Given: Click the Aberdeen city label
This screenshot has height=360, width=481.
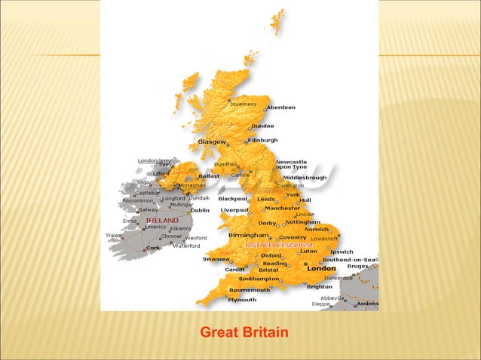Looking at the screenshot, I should coord(281,108).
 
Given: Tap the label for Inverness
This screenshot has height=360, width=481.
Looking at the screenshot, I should coord(243,104).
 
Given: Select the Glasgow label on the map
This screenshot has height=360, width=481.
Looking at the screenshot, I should coord(212,142).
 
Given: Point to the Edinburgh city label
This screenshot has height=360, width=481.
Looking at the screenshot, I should coord(263,140).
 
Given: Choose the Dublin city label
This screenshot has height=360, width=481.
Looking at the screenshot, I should coord(200,210).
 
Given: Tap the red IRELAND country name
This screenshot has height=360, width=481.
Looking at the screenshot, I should coord(162,221).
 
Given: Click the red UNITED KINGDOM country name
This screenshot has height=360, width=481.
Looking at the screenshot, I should coord(278,246).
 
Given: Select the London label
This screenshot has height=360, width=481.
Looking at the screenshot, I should coord(321,268).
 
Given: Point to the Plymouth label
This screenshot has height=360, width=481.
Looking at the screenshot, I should coord(243,299).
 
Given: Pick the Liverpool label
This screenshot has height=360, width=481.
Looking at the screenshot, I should coord(234,209).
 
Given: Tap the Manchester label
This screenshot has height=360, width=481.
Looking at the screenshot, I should coord(283,208).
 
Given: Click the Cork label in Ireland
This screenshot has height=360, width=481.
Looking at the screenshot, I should coord(153,247).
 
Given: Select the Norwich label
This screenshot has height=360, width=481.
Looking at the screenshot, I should coord(317,229).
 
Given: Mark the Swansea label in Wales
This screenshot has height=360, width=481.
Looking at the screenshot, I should coord(216,259).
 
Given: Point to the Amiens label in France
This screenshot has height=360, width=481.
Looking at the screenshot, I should coord(368,304).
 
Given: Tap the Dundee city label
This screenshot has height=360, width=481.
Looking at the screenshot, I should coord(262,126).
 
